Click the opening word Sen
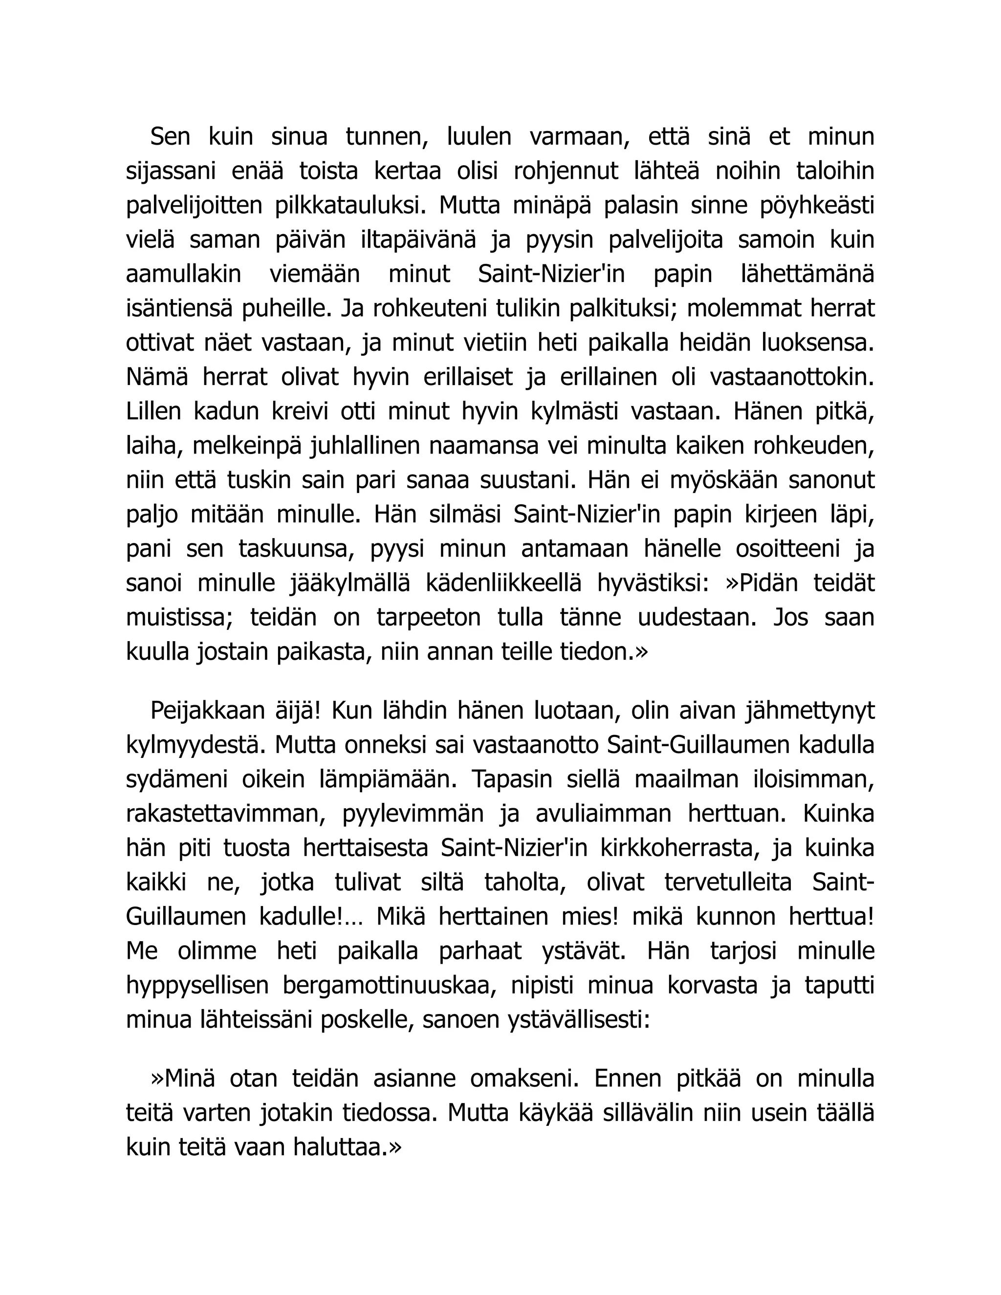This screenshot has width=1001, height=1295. click(170, 137)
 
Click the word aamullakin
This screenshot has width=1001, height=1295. click(184, 275)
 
